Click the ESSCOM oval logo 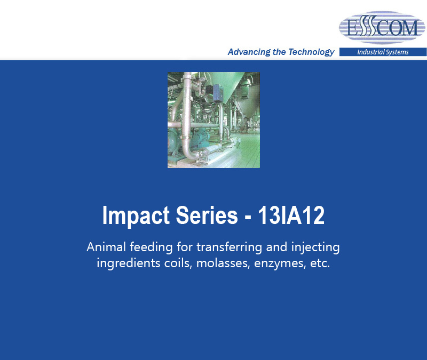coord(382,28)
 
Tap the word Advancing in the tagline coord(249,52)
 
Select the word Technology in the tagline coord(311,52)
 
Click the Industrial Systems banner coord(383,52)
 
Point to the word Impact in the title coord(136,215)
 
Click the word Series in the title coord(207,215)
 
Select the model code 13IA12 coord(291,215)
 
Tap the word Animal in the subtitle coord(106,247)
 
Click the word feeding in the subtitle coord(151,247)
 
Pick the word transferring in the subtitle coord(229,247)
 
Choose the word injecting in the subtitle coord(315,247)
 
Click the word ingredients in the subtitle coord(129,263)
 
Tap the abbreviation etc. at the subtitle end coord(320,263)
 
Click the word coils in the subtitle coord(178,263)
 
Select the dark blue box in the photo coord(218,92)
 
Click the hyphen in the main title coord(248,217)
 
